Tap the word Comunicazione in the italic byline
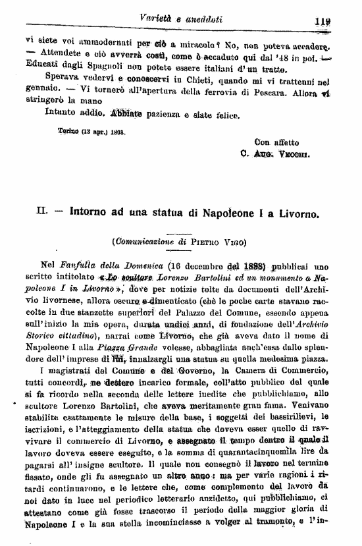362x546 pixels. [x=147, y=242]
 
